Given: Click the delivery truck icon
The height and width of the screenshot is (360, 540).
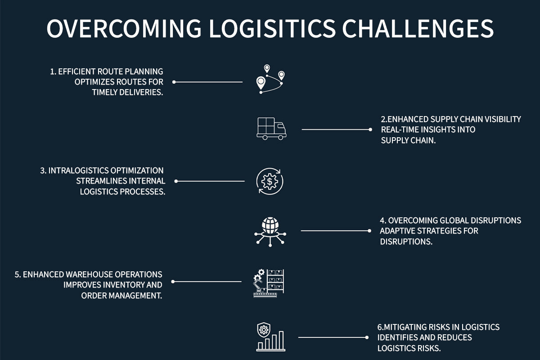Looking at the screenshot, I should pyautogui.click(x=271, y=128).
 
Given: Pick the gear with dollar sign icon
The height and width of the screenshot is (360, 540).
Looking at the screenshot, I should pyautogui.click(x=270, y=182).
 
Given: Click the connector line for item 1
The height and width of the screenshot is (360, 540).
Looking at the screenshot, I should pyautogui.click(x=208, y=82).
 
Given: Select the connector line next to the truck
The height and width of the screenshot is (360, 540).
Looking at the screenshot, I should pyautogui.click(x=336, y=129).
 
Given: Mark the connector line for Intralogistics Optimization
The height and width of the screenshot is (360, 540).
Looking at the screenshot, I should pyautogui.click(x=210, y=181).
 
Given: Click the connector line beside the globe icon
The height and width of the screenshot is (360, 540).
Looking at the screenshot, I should pyautogui.click(x=335, y=231).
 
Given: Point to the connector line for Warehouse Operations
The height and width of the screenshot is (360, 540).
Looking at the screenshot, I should pyautogui.click(x=207, y=282).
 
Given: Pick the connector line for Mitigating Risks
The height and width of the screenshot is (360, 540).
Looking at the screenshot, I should pyautogui.click(x=333, y=337).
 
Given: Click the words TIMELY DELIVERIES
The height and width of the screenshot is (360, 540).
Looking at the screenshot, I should pyautogui.click(x=127, y=93).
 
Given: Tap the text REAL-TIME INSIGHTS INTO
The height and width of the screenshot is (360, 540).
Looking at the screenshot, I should pyautogui.click(x=428, y=130).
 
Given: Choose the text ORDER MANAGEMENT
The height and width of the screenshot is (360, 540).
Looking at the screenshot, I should pyautogui.click(x=121, y=296).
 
